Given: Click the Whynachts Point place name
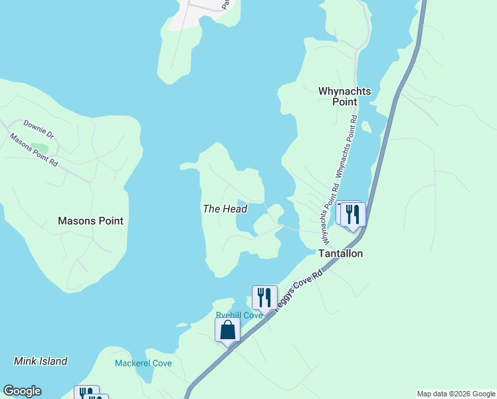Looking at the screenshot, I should pos(345,96).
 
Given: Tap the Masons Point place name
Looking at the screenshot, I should pos(90,221).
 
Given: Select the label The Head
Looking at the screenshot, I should pos(225,209).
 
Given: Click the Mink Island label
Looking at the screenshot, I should pos(41,361).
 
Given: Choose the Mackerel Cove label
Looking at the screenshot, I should pos(144,363).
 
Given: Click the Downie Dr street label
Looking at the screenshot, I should pos(37,128).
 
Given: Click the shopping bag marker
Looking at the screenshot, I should pos(227,329).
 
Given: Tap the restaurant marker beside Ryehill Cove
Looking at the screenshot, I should pos(264,297).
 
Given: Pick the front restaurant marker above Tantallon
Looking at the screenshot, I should pos(353,214).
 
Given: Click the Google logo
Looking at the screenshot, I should pos(22,391).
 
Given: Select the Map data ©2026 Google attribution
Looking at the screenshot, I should pos(456,394).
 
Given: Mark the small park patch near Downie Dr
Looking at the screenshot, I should pos(39,148).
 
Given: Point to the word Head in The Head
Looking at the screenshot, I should pos(235,209).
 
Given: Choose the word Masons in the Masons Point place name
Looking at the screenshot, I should pos(75,221).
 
